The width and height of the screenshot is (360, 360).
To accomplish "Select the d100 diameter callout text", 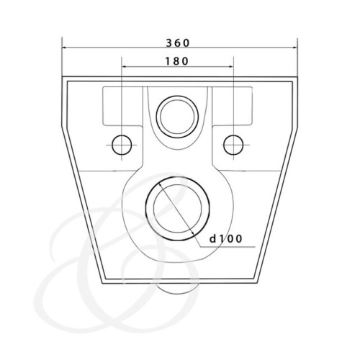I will click(225, 237).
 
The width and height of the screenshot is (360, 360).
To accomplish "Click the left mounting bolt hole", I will click(124, 144).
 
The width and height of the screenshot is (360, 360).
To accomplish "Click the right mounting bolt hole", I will click(233, 144).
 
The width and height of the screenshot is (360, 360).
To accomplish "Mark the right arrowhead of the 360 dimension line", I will click(297, 48).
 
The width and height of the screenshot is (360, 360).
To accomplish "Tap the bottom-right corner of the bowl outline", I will click(258, 280).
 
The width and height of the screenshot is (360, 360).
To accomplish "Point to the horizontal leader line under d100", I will click(230, 247).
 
